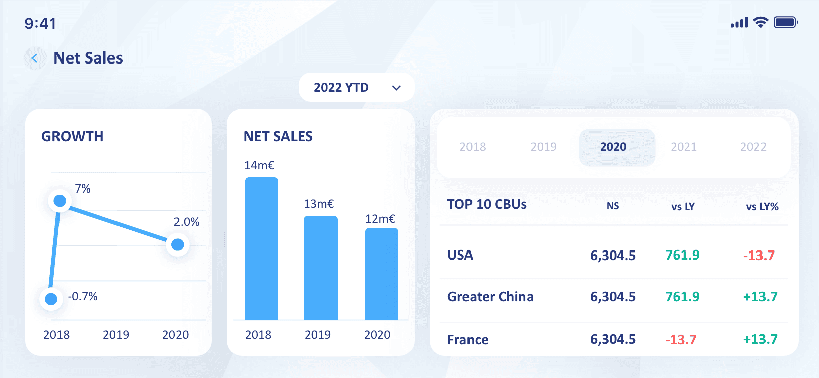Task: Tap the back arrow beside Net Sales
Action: tap(35, 58)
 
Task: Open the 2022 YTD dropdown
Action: tap(357, 87)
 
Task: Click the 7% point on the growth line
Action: tap(60, 201)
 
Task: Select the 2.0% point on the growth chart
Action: tap(178, 244)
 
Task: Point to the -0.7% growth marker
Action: tap(51, 299)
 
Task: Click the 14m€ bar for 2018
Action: tap(262, 248)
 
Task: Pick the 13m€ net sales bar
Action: tap(321, 268)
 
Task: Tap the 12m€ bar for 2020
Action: tap(382, 274)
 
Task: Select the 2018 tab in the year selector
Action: tap(473, 147)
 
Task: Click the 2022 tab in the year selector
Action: tap(753, 147)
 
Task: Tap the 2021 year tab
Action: tap(684, 147)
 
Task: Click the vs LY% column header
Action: tap(763, 207)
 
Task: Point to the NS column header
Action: tap(613, 206)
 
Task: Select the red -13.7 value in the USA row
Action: tap(759, 255)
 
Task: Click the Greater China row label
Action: tap(490, 296)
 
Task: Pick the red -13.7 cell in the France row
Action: tap(681, 340)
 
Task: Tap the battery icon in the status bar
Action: tap(786, 22)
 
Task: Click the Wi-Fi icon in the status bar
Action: tap(761, 22)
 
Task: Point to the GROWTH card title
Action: tap(73, 137)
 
